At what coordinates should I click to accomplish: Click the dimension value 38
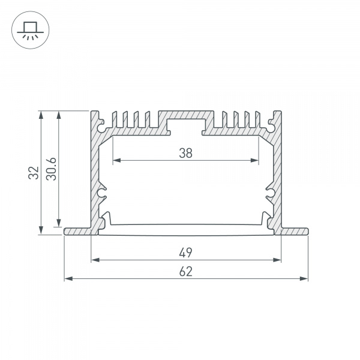click(186, 153)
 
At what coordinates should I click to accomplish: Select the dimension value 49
click(186, 253)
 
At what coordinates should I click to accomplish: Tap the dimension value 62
click(186, 272)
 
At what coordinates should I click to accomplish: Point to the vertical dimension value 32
click(34, 173)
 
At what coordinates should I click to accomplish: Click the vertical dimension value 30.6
click(51, 169)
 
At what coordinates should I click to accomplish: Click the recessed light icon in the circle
click(31, 31)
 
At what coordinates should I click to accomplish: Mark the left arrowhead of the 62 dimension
click(68, 279)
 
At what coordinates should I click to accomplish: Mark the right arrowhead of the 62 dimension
click(304, 279)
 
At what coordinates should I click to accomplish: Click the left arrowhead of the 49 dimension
click(95, 260)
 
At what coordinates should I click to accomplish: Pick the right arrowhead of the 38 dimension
click(254, 160)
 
